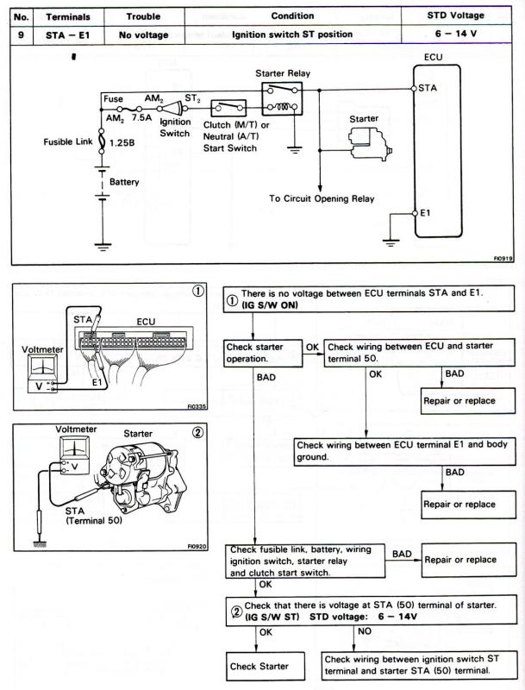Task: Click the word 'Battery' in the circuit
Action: (124, 182)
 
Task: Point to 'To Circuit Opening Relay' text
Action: (321, 198)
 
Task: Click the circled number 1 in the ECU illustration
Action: (198, 292)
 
